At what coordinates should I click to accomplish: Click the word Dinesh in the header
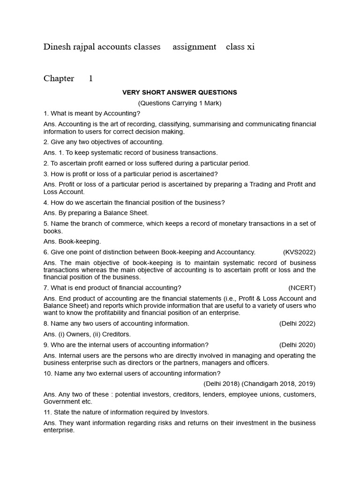pyautogui.click(x=56, y=47)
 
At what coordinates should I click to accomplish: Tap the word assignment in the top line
pyautogui.click(x=194, y=47)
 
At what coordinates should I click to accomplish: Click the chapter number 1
pyautogui.click(x=91, y=79)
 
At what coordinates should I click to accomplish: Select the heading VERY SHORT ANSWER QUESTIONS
pyautogui.click(x=180, y=92)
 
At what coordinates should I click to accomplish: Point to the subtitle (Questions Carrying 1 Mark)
pyautogui.click(x=180, y=103)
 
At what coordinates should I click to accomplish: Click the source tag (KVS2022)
pyautogui.click(x=299, y=252)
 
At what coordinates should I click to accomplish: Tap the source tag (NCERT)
pyautogui.click(x=302, y=287)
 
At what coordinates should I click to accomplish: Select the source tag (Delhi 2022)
pyautogui.click(x=297, y=323)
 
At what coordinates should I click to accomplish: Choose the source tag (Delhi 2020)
pyautogui.click(x=297, y=345)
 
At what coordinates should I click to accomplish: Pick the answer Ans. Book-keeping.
pyautogui.click(x=72, y=241)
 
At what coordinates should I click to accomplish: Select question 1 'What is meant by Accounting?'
pyautogui.click(x=92, y=113)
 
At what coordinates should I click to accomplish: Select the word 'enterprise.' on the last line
pyautogui.click(x=59, y=430)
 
